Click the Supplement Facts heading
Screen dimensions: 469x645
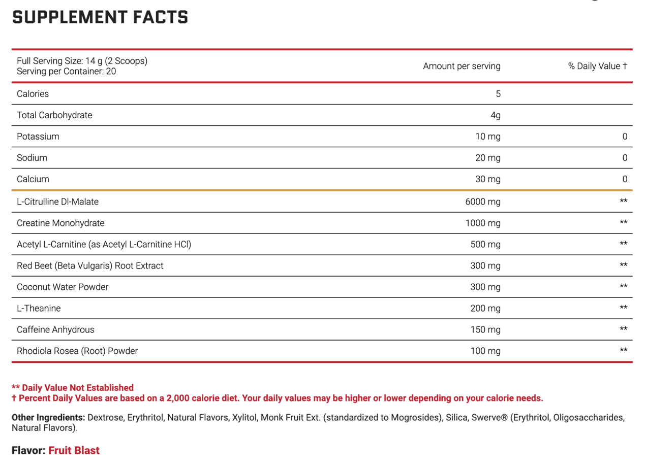tap(100, 17)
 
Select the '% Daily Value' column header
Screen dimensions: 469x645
tap(597, 66)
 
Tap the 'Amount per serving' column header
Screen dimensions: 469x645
tap(462, 66)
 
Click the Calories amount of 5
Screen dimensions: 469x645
tap(498, 94)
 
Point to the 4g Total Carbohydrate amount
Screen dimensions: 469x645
tap(496, 115)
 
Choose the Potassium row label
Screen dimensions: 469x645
tap(38, 137)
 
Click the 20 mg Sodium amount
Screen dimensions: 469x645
tap(487, 158)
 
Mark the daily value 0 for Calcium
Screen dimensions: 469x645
tap(625, 179)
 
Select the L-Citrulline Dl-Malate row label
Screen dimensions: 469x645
tap(57, 202)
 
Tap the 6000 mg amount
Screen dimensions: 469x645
tap(483, 202)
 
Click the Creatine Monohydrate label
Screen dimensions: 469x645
tap(60, 223)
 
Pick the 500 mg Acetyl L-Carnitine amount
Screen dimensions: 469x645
tap(485, 244)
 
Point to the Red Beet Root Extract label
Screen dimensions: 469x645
tap(90, 265)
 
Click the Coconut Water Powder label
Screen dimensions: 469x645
tap(63, 287)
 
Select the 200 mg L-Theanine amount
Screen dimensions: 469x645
tap(485, 308)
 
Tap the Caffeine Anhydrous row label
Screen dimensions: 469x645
tap(55, 329)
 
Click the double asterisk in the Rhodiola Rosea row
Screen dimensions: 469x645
tap(624, 351)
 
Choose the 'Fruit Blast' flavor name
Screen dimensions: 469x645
tap(74, 450)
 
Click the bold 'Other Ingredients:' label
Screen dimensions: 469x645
tap(48, 418)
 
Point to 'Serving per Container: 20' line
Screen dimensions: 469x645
tap(66, 72)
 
